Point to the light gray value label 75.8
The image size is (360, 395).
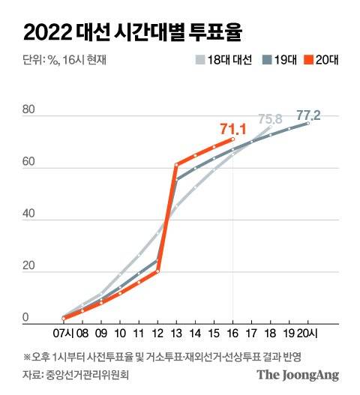click(x=271, y=118)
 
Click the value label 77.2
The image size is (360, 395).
click(x=308, y=115)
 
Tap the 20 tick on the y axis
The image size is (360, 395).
click(x=28, y=268)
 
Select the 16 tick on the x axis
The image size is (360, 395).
click(x=233, y=331)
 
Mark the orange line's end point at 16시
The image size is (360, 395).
click(x=233, y=139)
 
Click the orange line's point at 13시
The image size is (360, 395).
click(x=176, y=164)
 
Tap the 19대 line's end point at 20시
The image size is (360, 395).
click(x=308, y=123)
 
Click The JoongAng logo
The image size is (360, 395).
click(x=298, y=374)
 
